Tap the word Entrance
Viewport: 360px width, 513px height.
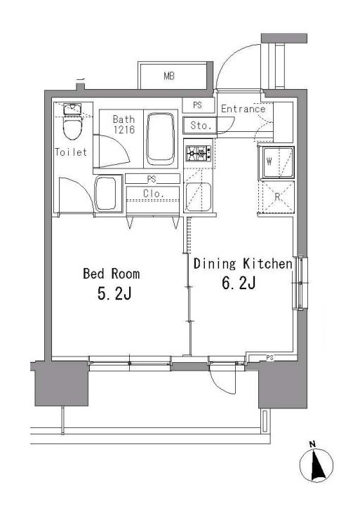pos(243,109)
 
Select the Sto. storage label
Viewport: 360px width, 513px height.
pos(199,126)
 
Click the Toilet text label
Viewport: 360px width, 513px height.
pos(71,152)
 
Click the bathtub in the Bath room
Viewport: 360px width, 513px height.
pos(163,136)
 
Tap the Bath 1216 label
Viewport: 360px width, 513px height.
pos(124,125)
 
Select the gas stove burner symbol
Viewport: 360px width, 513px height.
pos(199,152)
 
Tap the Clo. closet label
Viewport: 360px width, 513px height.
pos(154,193)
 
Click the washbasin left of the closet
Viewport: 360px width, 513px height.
pos(106,192)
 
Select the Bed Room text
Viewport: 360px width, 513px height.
pos(111,274)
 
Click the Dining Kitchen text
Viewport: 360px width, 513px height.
pos(242,264)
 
